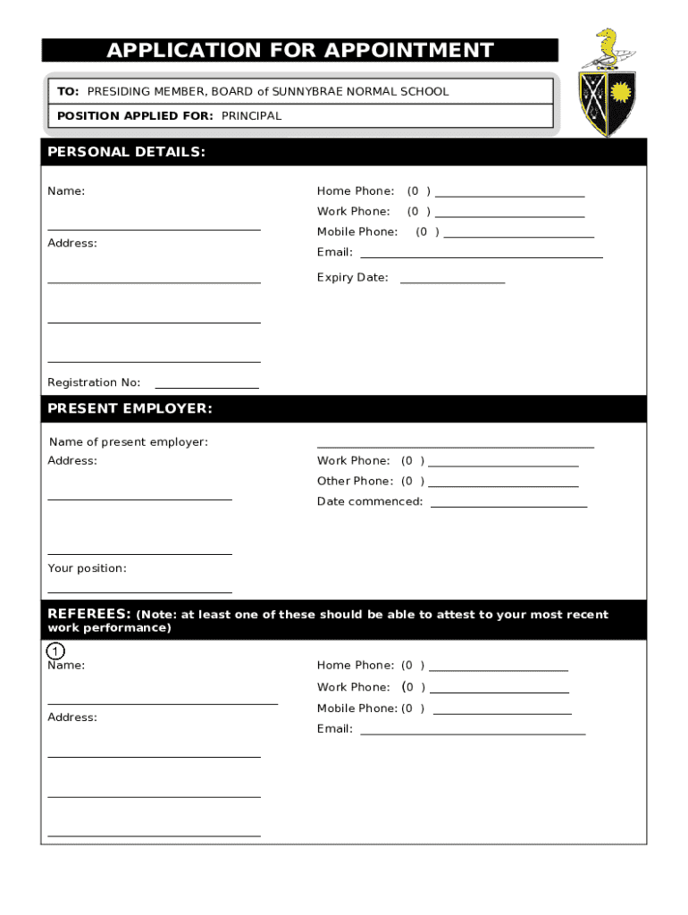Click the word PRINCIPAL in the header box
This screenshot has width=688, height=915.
[251, 116]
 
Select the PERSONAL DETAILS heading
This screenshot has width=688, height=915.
[126, 152]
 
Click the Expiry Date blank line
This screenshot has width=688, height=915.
[452, 281]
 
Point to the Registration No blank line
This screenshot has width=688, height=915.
[206, 387]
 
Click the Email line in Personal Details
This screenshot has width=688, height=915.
[481, 256]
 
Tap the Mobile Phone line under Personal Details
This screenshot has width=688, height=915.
[518, 236]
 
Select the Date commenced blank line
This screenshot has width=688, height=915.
[508, 506]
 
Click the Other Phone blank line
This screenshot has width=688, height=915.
[503, 485]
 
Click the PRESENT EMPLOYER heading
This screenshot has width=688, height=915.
[130, 409]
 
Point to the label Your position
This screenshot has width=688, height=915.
[87, 568]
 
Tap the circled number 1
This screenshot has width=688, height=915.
[55, 651]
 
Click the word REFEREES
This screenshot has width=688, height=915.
[89, 614]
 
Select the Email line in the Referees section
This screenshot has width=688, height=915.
[472, 733]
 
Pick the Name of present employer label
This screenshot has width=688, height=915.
[128, 442]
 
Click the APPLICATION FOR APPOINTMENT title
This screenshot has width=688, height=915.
[299, 50]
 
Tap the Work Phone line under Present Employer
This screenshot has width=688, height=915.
[503, 465]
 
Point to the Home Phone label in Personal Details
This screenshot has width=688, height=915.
[355, 191]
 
